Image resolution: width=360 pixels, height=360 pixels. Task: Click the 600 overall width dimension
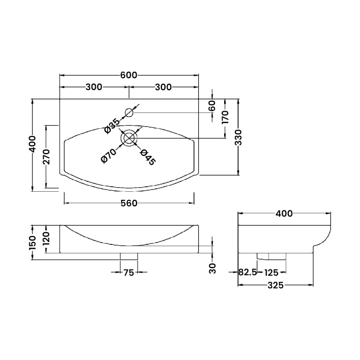pos(129,75)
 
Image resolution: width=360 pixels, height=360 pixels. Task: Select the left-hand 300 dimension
pos(94,87)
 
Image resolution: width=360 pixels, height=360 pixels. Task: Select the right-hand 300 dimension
pos(163,87)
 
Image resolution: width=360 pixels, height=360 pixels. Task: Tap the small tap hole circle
pos(129,112)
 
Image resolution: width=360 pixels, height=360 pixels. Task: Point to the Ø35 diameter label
pos(112,126)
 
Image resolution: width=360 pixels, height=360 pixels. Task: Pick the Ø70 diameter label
pos(109,156)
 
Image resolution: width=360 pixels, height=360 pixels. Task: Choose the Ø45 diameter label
pos(148,157)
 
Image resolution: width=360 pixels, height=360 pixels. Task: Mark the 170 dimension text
pos(225,117)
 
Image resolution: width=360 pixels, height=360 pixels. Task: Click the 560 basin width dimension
pos(129,203)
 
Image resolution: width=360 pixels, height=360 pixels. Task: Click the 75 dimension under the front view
pos(129,272)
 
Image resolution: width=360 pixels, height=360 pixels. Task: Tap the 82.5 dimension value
pos(247,272)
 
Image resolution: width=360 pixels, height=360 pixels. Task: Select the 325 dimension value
pos(274,285)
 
